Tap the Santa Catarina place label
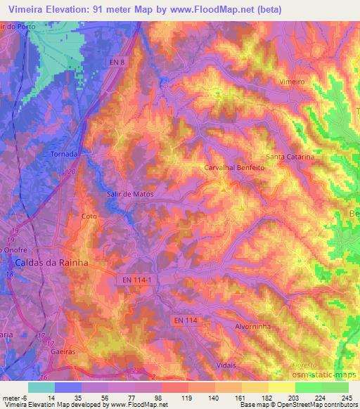pos(290,157)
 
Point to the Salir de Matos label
pos(129,193)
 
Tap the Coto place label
pos(89,216)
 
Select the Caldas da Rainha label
pos(51,262)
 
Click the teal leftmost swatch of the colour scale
pos(41,387)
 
